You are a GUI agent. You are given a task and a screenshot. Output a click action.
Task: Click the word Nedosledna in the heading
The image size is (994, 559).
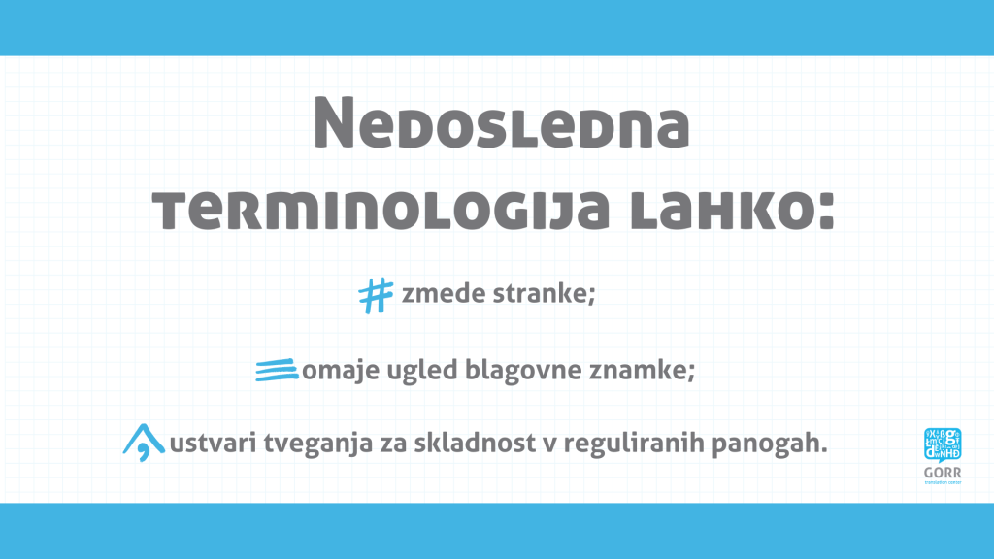tap(502, 124)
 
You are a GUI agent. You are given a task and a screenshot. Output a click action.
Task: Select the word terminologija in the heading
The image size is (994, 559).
tap(381, 211)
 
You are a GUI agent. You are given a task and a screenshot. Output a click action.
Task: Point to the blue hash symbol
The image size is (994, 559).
tap(376, 296)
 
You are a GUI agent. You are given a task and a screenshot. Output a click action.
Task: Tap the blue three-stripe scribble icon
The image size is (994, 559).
tap(277, 370)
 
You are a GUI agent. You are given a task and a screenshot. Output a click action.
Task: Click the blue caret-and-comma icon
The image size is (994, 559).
tap(144, 443)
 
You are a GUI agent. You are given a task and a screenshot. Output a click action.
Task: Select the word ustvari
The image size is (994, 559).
tap(213, 443)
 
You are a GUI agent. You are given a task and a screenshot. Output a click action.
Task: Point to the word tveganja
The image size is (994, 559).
tap(318, 444)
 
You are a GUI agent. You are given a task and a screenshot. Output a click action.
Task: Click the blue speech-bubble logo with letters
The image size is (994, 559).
tap(943, 444)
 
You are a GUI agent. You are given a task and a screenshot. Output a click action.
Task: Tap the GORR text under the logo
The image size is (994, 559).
tap(943, 473)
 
